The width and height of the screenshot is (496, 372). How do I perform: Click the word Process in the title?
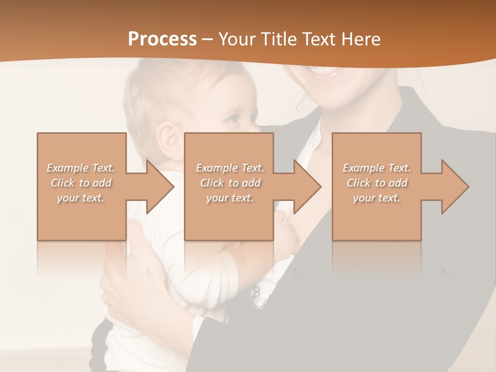click(162, 39)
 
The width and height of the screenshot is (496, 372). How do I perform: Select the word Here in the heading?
click(360, 39)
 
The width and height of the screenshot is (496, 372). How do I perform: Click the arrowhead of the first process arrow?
click(160, 187)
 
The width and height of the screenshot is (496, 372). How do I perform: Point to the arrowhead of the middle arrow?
click(307, 187)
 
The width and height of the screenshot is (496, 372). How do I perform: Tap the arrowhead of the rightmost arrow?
click(455, 187)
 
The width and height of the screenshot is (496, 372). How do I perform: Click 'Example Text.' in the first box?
click(81, 168)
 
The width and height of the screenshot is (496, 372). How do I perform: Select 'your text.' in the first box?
click(81, 198)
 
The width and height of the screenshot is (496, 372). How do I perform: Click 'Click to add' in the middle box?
click(230, 183)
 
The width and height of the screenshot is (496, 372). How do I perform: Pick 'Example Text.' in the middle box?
click(230, 168)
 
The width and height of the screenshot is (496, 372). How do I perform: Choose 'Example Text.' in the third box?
click(377, 168)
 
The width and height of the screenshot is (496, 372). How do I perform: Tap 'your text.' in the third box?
click(377, 198)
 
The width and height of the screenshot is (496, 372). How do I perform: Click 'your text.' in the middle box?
click(230, 198)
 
